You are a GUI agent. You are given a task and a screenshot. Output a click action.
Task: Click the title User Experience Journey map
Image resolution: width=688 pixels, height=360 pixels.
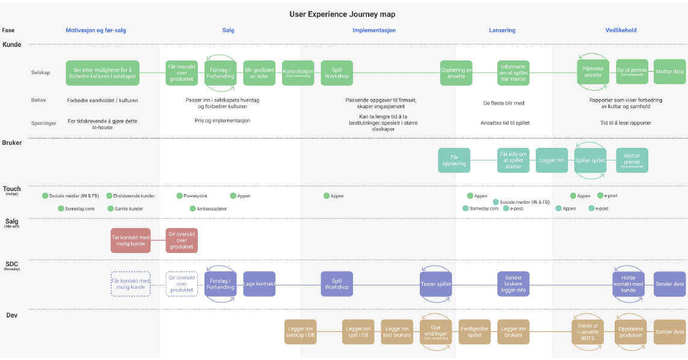tap(343, 14)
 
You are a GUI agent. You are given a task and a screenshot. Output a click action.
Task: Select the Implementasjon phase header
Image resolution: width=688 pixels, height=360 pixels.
tap(374, 30)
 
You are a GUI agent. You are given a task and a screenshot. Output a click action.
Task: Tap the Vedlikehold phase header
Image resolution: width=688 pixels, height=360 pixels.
tap(621, 30)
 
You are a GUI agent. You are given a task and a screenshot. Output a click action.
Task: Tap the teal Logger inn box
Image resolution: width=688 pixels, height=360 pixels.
tap(552, 160)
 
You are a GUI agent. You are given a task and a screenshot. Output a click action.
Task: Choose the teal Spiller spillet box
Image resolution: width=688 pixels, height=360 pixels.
tap(590, 160)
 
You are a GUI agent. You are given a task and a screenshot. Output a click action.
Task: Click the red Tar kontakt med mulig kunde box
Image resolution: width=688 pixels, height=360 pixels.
tap(131, 240)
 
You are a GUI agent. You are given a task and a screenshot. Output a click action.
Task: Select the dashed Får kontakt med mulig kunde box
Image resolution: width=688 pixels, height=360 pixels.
tap(131, 284)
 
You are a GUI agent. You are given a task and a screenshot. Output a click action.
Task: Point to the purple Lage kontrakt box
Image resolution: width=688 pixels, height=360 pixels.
tap(259, 284)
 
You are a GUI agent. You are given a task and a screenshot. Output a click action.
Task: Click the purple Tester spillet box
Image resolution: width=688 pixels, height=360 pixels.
tap(435, 284)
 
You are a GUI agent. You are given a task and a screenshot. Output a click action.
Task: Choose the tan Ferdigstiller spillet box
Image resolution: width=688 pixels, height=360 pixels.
tap(475, 332)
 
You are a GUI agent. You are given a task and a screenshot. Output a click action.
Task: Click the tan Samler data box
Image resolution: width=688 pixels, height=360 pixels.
tap(669, 332)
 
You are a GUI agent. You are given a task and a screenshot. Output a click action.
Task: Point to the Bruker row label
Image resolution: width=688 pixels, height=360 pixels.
tap(13, 143)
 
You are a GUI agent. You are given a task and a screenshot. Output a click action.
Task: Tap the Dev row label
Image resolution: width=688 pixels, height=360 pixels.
tap(11, 315)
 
